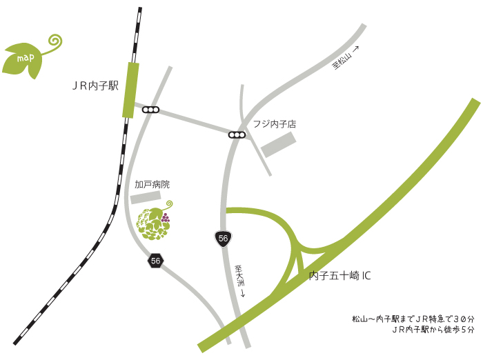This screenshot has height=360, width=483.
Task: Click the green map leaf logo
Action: [24, 59]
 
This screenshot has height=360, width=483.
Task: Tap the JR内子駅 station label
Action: [96, 86]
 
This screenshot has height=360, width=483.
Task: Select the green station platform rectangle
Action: [130, 90]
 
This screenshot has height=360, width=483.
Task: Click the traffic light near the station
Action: [150, 110]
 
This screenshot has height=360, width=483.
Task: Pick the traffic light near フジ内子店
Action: [237, 134]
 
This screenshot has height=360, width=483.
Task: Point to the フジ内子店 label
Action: [274, 125]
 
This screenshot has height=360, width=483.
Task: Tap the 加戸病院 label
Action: [152, 185]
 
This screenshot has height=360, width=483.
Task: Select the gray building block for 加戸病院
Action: [145, 198]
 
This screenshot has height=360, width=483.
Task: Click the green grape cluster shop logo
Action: [152, 223]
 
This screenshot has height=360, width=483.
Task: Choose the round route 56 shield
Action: [222, 238]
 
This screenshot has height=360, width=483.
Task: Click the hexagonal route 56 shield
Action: [155, 261]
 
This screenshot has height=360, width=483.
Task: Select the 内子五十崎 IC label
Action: [340, 276]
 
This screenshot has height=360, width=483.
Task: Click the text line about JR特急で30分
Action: [413, 319]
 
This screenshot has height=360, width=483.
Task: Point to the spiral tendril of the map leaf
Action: [54, 41]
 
